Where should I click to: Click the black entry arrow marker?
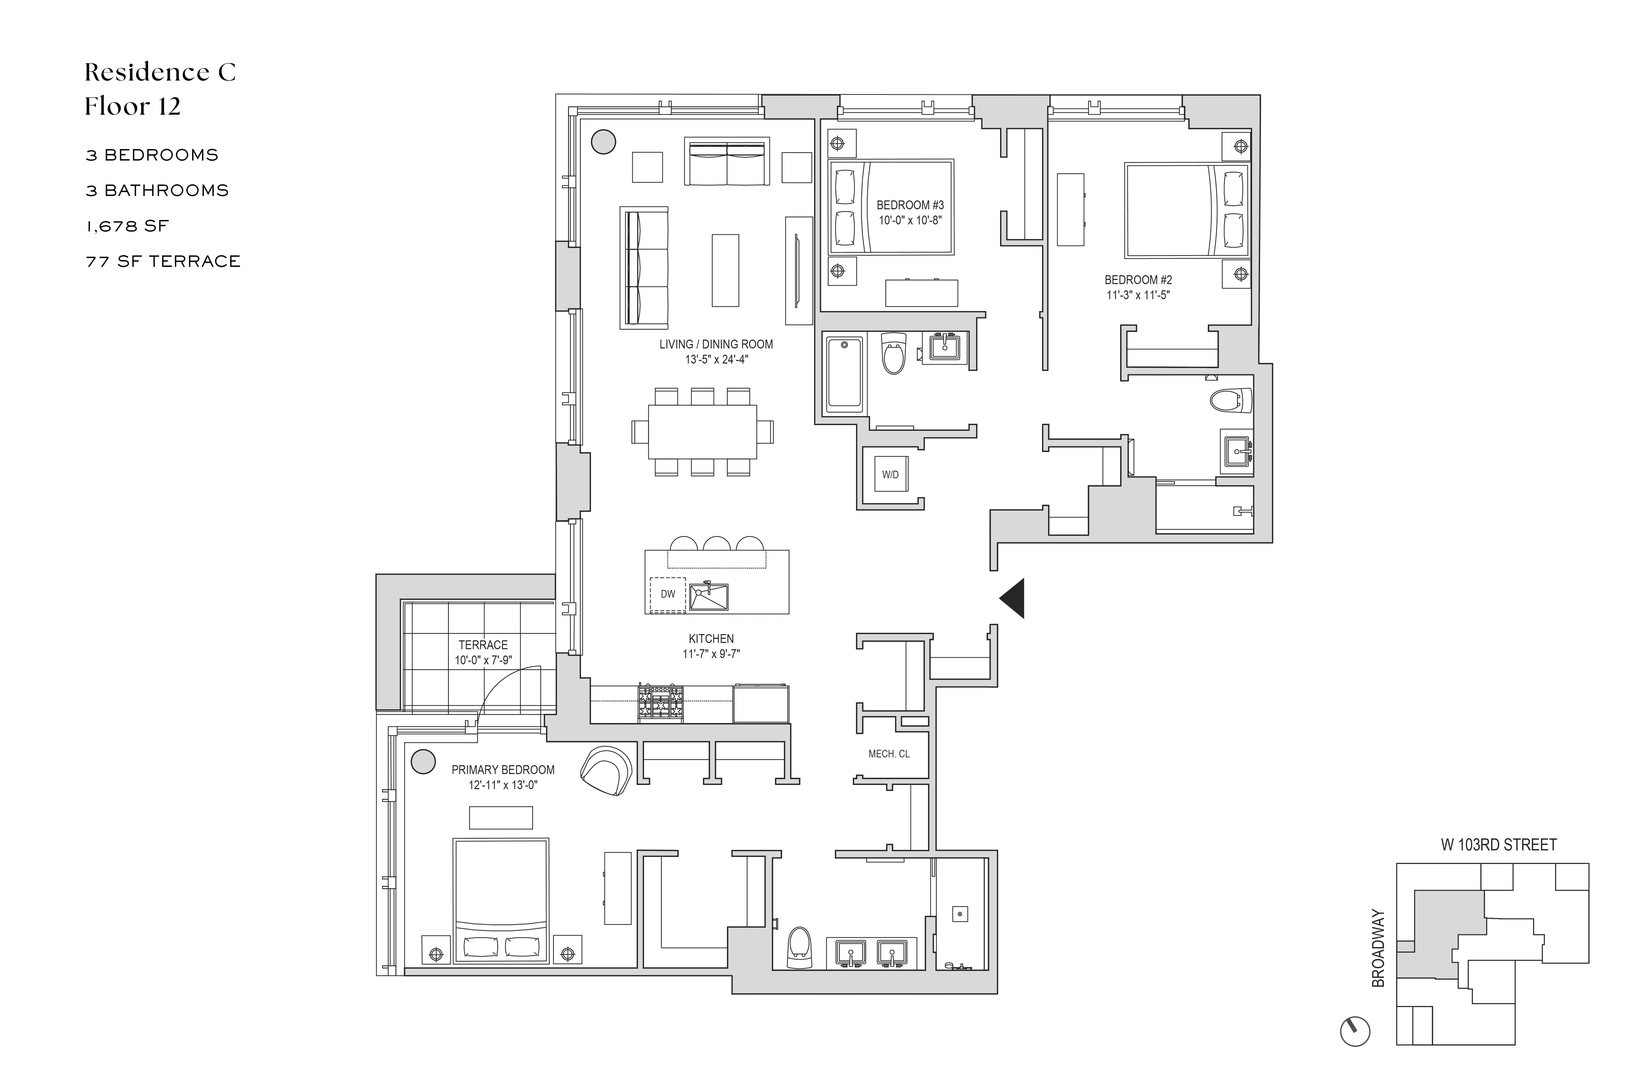point(1013,598)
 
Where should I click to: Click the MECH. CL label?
point(889,753)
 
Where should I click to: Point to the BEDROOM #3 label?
point(910,205)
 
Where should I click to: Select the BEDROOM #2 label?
point(1138,280)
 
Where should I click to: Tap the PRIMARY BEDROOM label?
point(503,770)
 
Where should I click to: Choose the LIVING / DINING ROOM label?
point(716,344)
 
